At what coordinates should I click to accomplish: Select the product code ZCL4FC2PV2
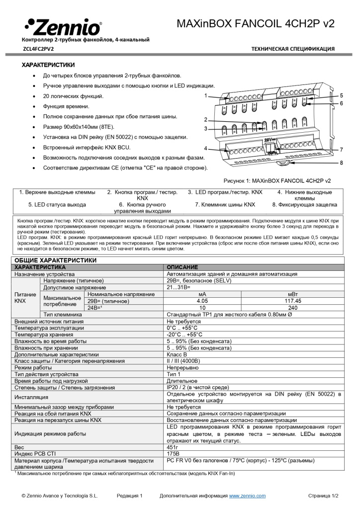pyautogui.click(x=39, y=49)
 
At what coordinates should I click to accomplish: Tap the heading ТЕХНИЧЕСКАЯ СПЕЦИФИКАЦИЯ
pyautogui.click(x=293, y=49)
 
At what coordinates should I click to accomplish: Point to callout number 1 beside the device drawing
pyautogui.click(x=206, y=94)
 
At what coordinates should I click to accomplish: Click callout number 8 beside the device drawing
pyautogui.click(x=342, y=163)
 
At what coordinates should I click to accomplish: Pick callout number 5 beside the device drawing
pyautogui.click(x=342, y=95)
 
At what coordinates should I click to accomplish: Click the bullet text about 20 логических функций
pyautogui.click(x=73, y=96)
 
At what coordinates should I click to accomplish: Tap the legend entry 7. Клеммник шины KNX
pyautogui.click(x=225, y=204)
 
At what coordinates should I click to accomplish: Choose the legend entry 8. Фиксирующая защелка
pyautogui.click(x=304, y=204)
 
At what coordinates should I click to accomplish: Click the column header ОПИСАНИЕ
pyautogui.click(x=182, y=267)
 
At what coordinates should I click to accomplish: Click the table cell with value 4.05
pyautogui.click(x=202, y=301)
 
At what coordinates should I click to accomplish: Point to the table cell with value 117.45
pyautogui.click(x=292, y=301)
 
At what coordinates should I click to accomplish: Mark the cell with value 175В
pyautogui.click(x=173, y=454)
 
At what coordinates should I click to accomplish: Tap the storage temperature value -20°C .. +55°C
pyautogui.click(x=184, y=335)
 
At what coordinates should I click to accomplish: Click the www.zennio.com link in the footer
pyautogui.click(x=247, y=496)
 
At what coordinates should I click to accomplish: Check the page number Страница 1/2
pyautogui.click(x=323, y=496)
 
